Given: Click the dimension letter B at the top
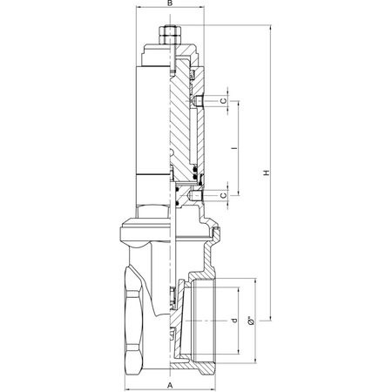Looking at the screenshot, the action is [170, 3].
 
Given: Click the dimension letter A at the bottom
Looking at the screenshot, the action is [170, 386].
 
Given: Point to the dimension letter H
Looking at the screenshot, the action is [267, 172].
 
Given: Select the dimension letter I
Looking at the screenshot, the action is [234, 148].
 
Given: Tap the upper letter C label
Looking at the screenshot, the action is [223, 101].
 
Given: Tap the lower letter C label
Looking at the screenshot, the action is [223, 195].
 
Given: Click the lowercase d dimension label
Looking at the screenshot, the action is [234, 321].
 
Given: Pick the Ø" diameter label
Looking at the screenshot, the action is [252, 321].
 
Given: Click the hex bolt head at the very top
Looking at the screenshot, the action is [170, 31].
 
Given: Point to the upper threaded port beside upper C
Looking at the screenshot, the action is [198, 101].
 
